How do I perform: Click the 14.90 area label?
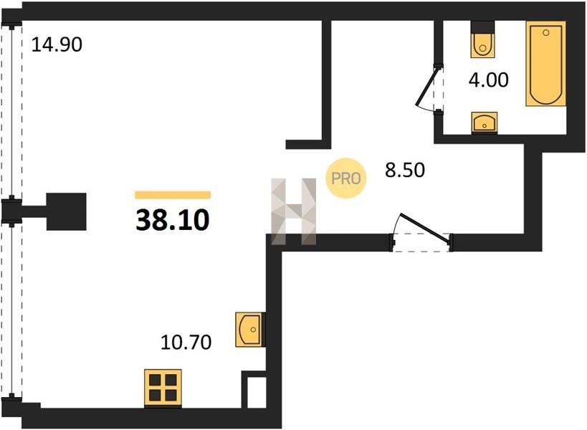click(x=57, y=44)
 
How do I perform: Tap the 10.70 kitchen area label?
click(x=186, y=342)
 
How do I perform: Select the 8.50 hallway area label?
click(x=405, y=170)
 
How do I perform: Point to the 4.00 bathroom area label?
click(x=489, y=80)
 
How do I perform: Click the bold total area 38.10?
click(x=173, y=220)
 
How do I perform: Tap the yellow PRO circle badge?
click(x=346, y=178)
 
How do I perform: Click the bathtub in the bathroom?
click(x=546, y=64)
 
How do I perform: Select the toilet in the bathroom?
click(x=482, y=40)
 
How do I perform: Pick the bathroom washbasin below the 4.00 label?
click(x=485, y=123)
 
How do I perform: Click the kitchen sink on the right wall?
click(x=250, y=330)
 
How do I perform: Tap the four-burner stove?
click(x=163, y=388)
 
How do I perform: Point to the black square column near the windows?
click(x=67, y=211)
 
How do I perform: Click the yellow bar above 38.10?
click(x=173, y=195)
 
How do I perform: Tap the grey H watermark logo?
click(x=294, y=211)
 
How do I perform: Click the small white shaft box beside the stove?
click(x=257, y=393)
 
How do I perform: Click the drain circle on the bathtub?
click(x=546, y=32)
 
